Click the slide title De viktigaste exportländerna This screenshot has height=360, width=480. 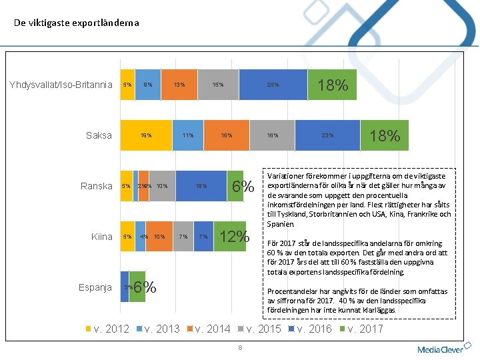click(x=77, y=23)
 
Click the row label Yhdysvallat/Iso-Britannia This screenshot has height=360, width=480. click(x=61, y=85)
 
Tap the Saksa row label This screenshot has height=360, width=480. click(x=99, y=135)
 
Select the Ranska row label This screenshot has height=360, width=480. click(x=97, y=186)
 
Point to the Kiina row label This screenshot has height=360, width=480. click(x=102, y=237)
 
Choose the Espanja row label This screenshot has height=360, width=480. click(x=95, y=287)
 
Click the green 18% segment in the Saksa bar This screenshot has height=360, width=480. click(x=384, y=135)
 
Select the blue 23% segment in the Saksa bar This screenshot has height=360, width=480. click(x=327, y=135)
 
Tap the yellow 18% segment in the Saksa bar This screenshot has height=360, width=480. click(x=146, y=135)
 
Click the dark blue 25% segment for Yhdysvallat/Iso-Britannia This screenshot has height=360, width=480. click(x=273, y=85)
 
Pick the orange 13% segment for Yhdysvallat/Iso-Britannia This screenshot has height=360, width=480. click(x=179, y=85)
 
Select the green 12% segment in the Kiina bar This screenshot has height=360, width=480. click(x=233, y=237)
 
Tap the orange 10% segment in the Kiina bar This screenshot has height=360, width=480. click(x=159, y=237)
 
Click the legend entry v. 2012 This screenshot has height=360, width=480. click(x=107, y=329)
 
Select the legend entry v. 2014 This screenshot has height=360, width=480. click(x=210, y=329)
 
